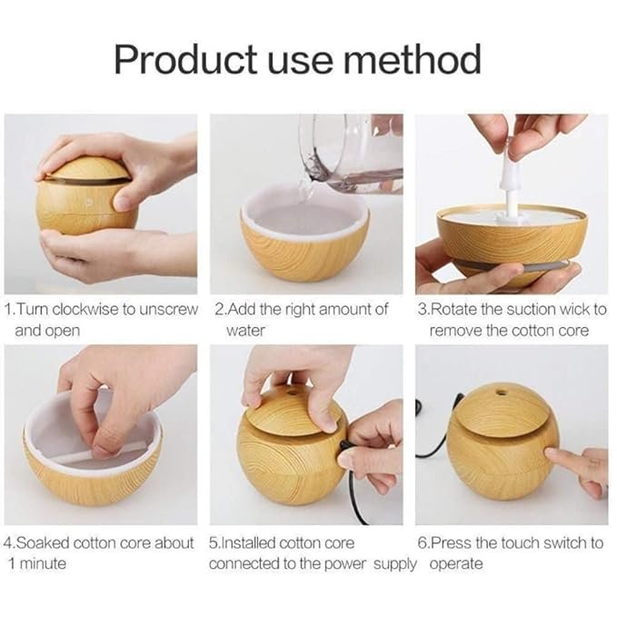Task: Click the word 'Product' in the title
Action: point(185,59)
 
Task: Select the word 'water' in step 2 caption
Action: point(244,330)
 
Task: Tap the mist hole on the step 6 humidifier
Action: point(500,396)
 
